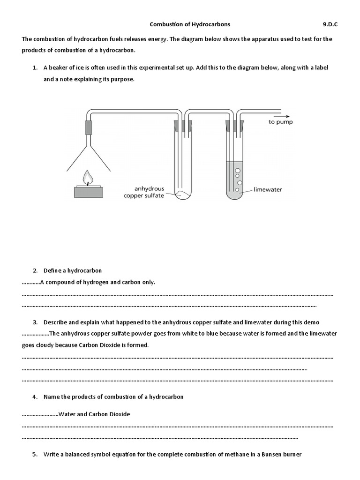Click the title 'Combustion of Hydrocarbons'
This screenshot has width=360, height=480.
(190, 24)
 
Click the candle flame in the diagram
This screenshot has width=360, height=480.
(87, 177)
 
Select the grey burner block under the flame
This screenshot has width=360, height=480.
(88, 192)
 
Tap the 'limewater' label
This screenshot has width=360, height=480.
(267, 190)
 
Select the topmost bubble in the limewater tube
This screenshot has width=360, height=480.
(238, 171)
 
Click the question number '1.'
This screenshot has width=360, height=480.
(35, 67)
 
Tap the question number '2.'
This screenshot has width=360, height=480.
(35, 270)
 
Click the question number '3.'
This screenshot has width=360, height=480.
(35, 322)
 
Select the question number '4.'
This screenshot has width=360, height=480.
(35, 397)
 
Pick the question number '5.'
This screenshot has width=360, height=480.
(35, 454)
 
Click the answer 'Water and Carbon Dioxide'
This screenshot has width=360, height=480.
(94, 414)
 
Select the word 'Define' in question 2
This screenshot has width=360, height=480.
(52, 270)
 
